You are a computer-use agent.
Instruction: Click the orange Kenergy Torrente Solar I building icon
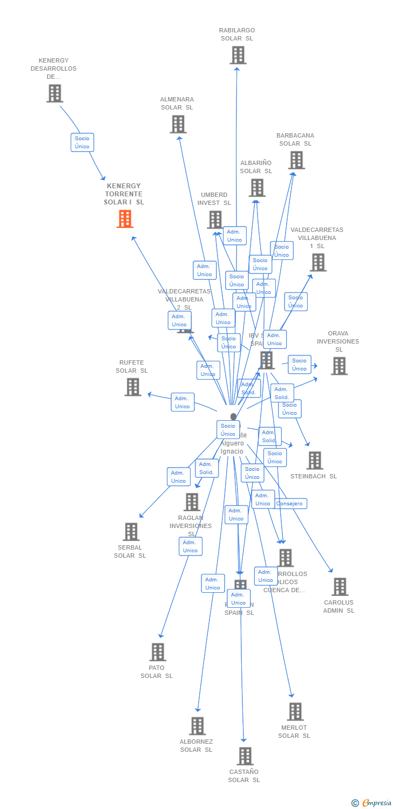click(x=125, y=219)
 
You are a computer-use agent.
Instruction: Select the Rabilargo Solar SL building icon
click(x=238, y=55)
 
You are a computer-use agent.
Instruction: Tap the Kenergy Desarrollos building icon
click(x=55, y=93)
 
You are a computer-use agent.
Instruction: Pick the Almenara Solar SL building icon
click(x=178, y=124)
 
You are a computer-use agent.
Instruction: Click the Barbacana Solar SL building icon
click(x=296, y=160)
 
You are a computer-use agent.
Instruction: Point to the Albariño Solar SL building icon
click(x=257, y=188)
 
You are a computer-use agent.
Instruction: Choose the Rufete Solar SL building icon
click(x=133, y=387)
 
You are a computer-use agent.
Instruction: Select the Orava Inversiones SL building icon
click(x=339, y=366)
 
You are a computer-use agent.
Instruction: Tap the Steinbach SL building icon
click(x=314, y=461)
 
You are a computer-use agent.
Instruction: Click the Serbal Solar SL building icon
click(x=131, y=532)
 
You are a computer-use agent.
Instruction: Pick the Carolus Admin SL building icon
click(x=340, y=587)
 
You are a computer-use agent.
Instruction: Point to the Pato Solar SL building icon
click(x=157, y=652)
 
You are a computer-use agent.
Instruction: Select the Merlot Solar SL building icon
click(x=295, y=712)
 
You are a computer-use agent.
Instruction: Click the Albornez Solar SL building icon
click(x=197, y=726)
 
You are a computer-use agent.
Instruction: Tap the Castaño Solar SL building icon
click(x=245, y=756)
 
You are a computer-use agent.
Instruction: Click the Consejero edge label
click(x=290, y=504)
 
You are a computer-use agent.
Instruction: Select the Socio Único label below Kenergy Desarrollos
click(x=82, y=142)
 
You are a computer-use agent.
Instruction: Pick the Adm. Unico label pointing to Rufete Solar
click(x=182, y=402)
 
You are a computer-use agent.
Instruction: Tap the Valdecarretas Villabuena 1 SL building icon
click(x=318, y=263)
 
